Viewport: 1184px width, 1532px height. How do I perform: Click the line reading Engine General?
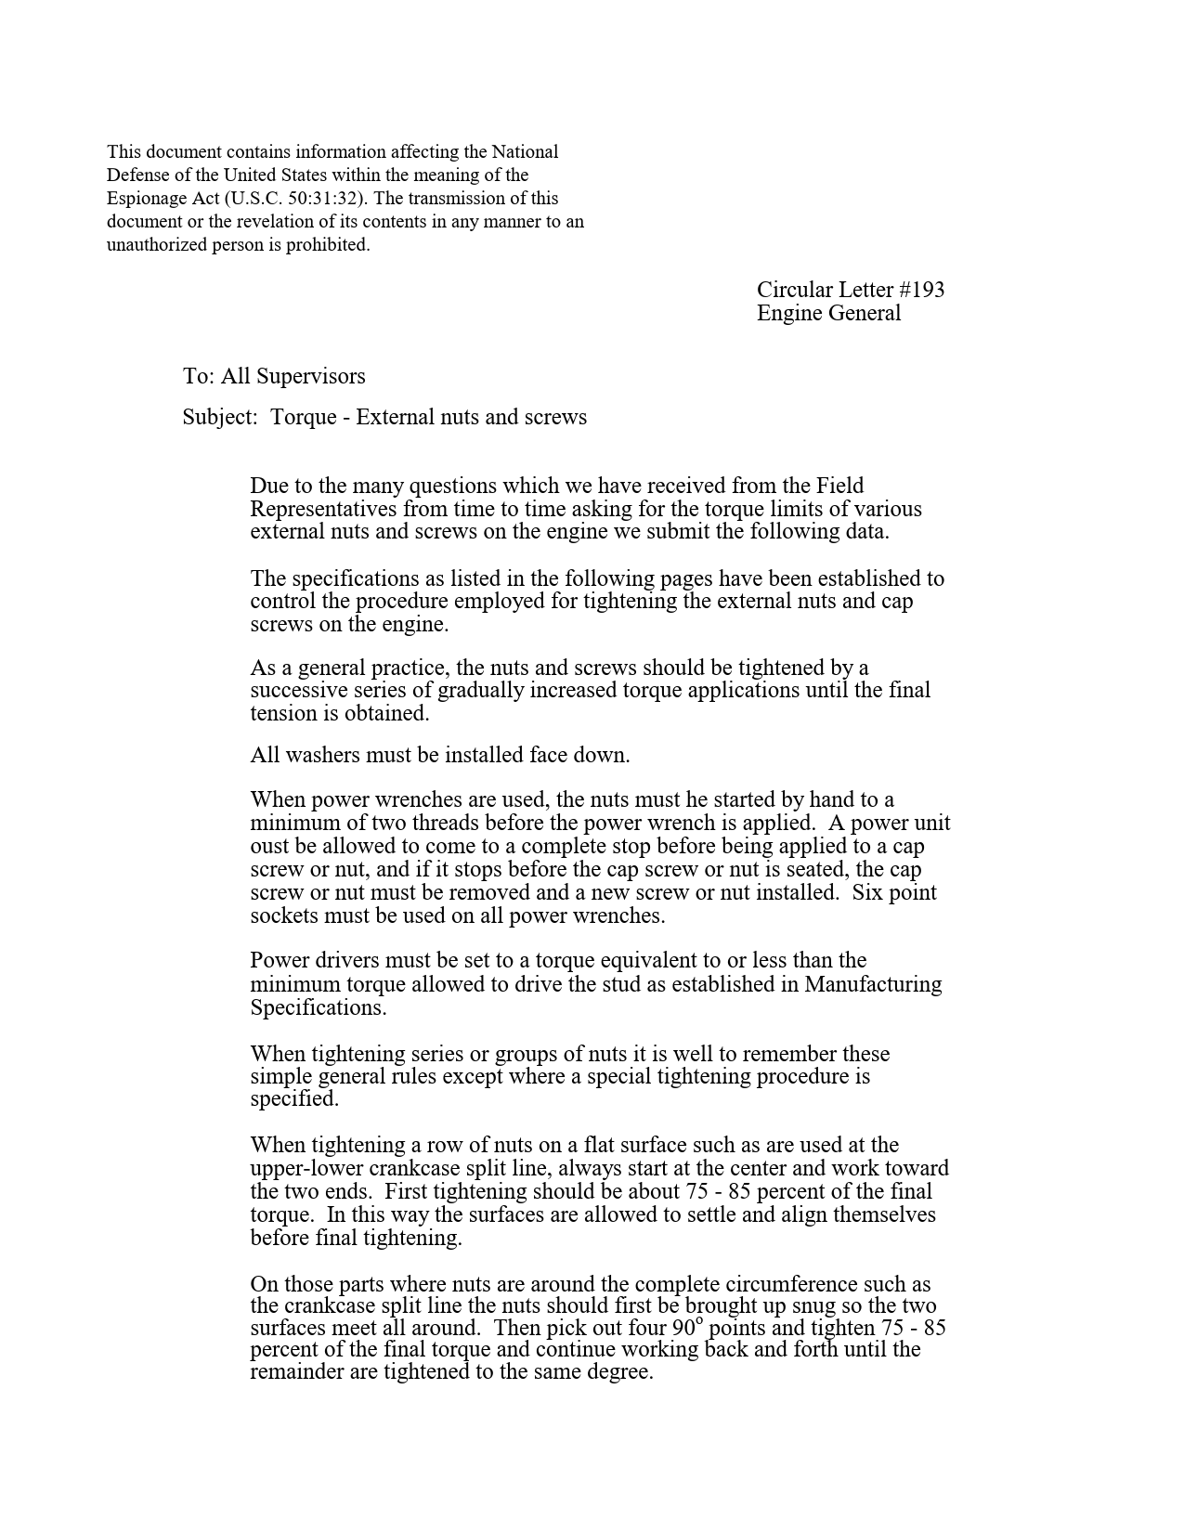click(x=828, y=313)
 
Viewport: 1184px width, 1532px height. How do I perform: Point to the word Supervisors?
click(x=311, y=376)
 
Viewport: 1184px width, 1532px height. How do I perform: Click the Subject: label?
click(x=219, y=417)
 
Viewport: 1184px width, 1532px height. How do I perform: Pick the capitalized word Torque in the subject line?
click(x=303, y=417)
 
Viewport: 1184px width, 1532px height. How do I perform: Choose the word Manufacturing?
click(x=873, y=984)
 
